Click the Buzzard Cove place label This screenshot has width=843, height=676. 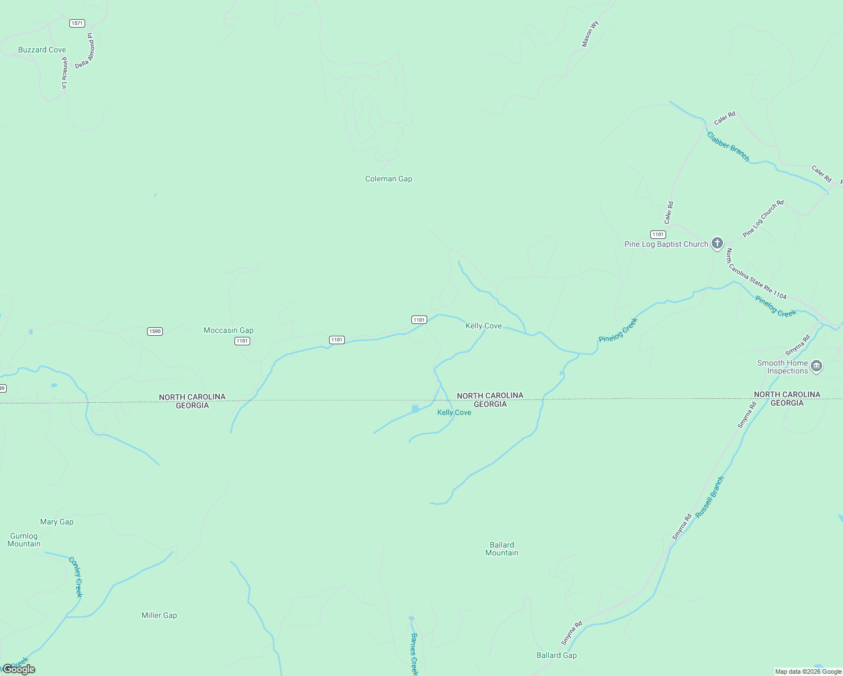(42, 50)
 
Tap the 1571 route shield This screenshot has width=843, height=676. (77, 23)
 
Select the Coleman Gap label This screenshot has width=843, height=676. (388, 179)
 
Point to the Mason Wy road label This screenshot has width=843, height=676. (590, 34)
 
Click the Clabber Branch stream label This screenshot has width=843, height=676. (728, 146)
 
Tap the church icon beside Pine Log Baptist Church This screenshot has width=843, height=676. (717, 243)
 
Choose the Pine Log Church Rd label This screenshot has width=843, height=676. (763, 219)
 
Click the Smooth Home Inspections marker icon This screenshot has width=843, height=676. (817, 367)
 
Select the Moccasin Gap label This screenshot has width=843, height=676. (228, 330)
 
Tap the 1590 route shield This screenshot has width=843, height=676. (155, 331)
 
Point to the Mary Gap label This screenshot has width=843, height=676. (56, 522)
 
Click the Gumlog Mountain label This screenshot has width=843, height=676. (24, 540)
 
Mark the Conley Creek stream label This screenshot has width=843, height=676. (76, 577)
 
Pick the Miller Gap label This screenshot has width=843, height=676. (159, 615)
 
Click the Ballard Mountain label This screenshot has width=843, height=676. (502, 549)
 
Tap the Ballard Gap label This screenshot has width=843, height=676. (556, 655)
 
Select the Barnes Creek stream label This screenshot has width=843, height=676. (414, 653)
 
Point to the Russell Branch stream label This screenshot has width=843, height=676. (709, 497)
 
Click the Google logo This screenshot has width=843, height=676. (19, 669)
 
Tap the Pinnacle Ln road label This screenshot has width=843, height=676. (64, 73)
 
